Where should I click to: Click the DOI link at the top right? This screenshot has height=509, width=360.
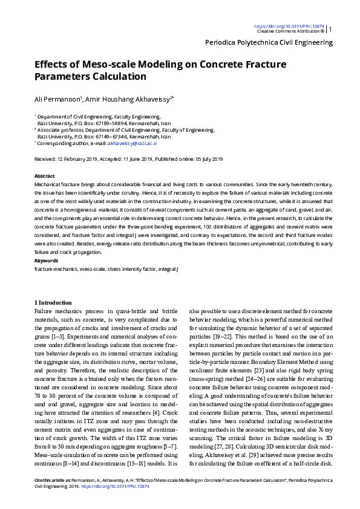(289, 27)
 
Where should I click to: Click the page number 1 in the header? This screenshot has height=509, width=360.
(330, 29)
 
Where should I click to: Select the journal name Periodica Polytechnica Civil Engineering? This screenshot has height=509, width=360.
(269, 43)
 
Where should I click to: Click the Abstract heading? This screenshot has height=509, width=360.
(45, 175)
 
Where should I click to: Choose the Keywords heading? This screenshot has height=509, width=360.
(46, 261)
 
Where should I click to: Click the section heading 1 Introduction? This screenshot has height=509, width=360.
(53, 302)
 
